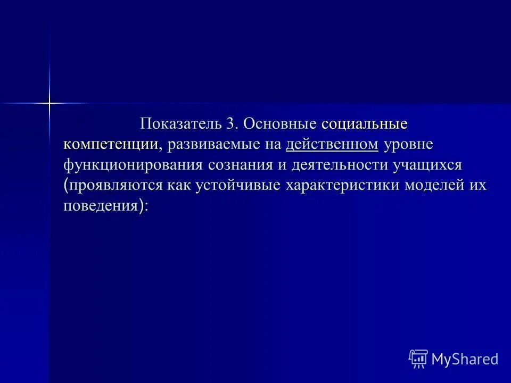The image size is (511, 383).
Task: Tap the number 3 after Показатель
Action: (232, 124)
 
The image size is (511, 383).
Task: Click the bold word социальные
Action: (365, 124)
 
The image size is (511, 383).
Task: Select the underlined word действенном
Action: (332, 144)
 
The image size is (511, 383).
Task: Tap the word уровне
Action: (409, 144)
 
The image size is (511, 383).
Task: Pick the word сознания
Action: (240, 164)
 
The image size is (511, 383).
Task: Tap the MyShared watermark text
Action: (464, 359)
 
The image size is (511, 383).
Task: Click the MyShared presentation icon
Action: (418, 359)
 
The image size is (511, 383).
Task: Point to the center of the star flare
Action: (49, 102)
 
